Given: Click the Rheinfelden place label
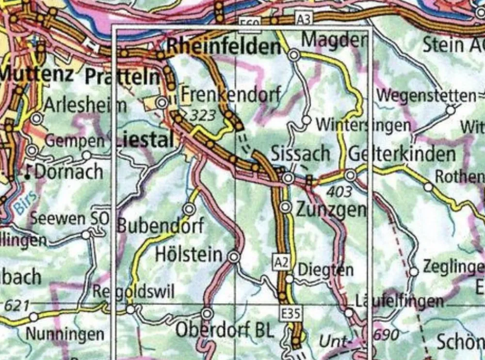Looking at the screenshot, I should (x=224, y=47).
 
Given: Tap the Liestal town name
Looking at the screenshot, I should (x=145, y=141).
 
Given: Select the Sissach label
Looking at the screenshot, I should (x=301, y=154).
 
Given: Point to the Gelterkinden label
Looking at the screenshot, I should (x=402, y=154).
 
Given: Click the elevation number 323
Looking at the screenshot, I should (x=201, y=115).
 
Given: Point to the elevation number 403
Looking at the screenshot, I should (x=339, y=192).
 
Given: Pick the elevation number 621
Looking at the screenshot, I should (x=14, y=305).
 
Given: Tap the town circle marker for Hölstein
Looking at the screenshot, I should (x=234, y=257).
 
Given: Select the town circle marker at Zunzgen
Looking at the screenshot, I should (x=286, y=208).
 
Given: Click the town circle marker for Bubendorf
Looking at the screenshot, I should (x=189, y=209).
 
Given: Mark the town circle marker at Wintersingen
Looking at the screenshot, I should (x=307, y=120).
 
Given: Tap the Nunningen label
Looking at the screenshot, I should (x=65, y=334).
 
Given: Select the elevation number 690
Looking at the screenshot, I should (x=386, y=334).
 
